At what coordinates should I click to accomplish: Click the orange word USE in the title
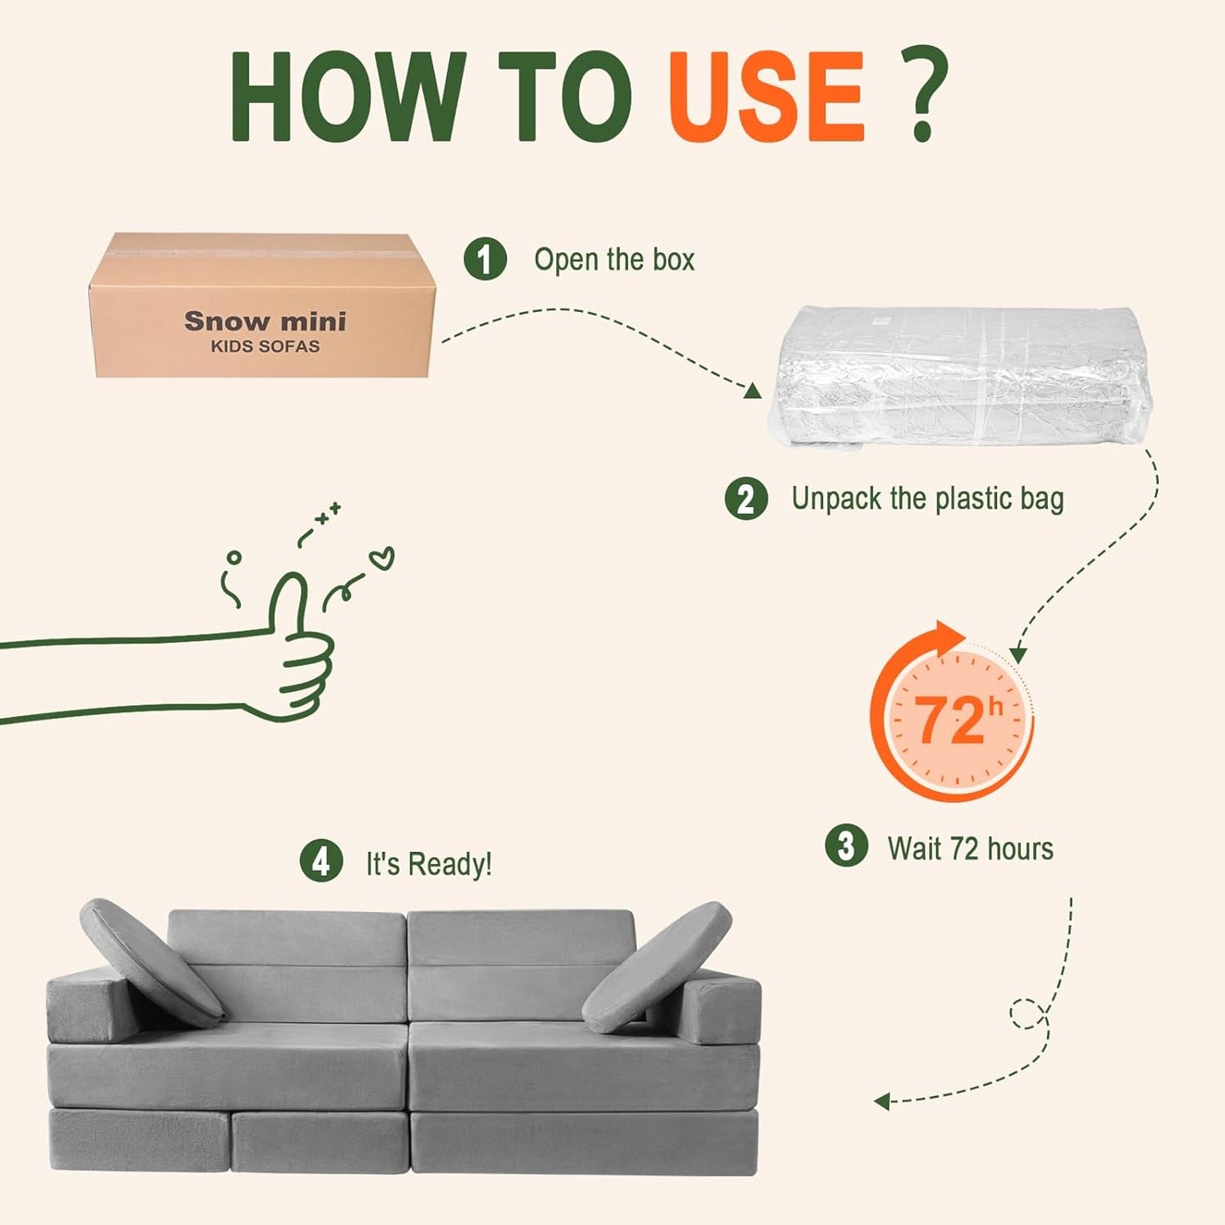(766, 97)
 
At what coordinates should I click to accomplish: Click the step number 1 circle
(485, 259)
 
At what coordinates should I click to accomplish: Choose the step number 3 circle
(846, 845)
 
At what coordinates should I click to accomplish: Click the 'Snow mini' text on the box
(265, 321)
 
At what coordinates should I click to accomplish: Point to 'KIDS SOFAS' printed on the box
(265, 347)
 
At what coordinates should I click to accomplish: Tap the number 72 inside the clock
(949, 721)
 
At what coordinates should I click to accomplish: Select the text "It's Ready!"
(429, 864)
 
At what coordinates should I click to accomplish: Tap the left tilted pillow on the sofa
(151, 962)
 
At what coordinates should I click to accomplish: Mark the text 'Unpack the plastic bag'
(927, 498)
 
